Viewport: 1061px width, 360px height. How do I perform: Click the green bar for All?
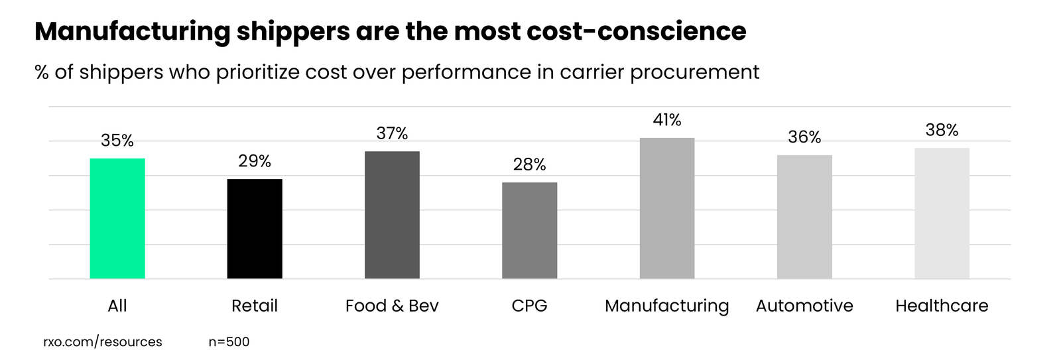[x=117, y=218]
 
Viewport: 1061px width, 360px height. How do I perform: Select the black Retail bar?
[x=255, y=229]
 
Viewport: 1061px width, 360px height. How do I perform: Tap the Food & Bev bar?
[x=392, y=215]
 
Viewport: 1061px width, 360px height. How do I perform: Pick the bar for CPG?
[x=529, y=230]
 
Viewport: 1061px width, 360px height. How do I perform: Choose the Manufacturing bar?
[x=666, y=208]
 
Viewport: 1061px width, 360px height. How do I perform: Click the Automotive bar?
[x=804, y=217]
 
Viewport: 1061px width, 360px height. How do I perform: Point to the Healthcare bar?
[x=942, y=213]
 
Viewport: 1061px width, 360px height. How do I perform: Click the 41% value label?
[x=666, y=120]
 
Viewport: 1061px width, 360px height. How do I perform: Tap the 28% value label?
[x=529, y=164]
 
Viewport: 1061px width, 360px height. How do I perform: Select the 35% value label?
[x=117, y=141]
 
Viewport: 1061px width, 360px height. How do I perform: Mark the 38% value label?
[x=942, y=130]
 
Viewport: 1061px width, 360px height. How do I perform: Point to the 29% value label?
[x=255, y=161]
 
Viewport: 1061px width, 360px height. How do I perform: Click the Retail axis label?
[x=255, y=306]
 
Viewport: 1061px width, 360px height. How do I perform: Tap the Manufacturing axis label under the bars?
[x=666, y=306]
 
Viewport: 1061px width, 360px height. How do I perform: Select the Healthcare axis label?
[x=942, y=306]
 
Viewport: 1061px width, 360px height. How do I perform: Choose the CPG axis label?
[x=529, y=306]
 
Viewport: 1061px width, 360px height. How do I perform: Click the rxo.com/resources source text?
[x=103, y=342]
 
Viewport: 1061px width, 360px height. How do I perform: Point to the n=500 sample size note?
[x=229, y=342]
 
